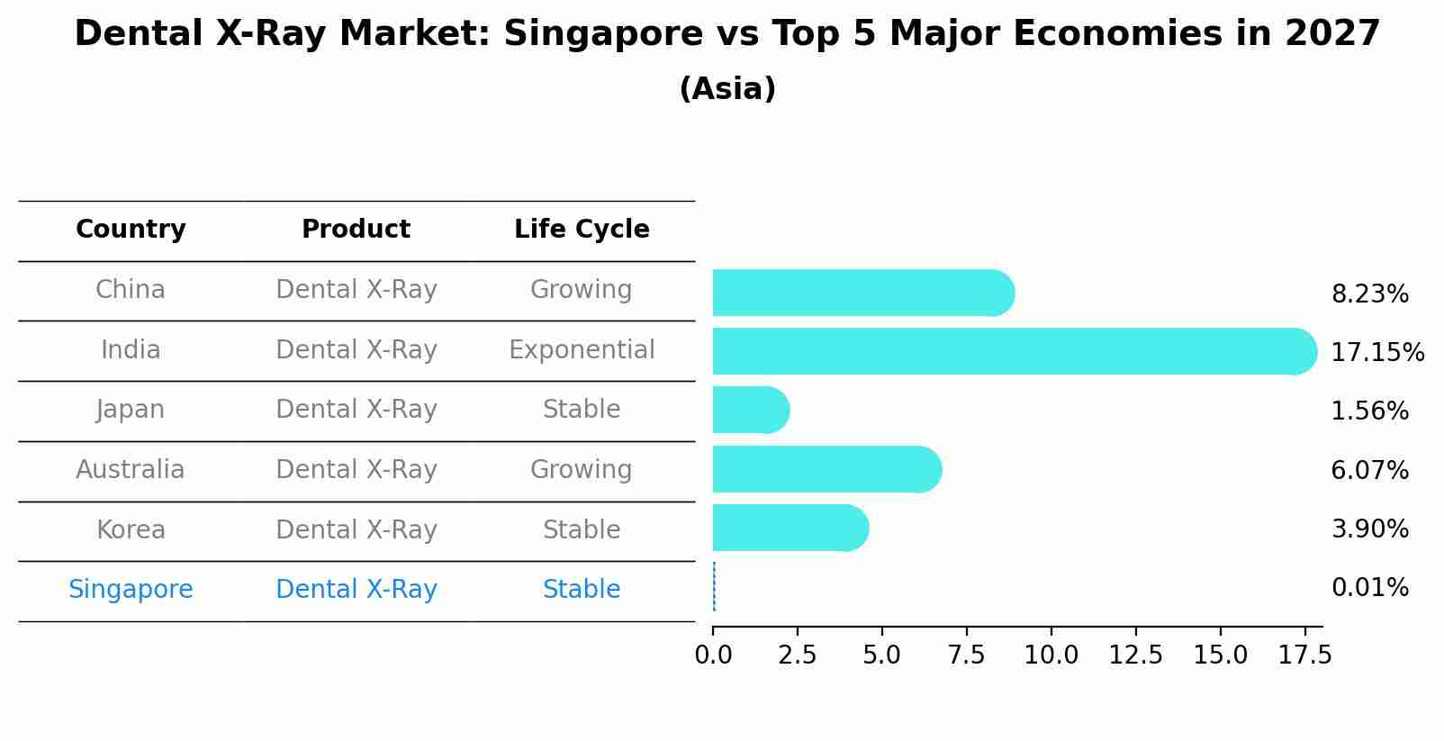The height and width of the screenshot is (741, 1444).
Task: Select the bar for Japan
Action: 750,410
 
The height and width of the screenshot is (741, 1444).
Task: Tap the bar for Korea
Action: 790,528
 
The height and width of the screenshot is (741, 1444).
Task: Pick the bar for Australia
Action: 826,469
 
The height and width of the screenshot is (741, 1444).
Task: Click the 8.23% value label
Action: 1369,294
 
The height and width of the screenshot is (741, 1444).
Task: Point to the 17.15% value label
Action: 1376,352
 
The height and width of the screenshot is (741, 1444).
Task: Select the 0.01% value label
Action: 1369,588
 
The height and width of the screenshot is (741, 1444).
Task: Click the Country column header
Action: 131,230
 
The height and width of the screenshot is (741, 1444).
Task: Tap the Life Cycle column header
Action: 582,230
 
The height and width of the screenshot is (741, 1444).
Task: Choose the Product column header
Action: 356,230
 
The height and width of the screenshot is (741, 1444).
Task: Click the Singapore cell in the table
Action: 131,590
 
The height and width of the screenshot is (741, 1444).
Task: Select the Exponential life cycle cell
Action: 582,349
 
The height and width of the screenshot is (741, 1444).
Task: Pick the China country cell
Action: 131,290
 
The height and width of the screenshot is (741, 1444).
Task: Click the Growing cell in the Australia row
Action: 582,469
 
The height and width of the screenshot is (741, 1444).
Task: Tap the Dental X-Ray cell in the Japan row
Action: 356,410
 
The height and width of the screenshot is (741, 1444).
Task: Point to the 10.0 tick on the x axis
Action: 1051,655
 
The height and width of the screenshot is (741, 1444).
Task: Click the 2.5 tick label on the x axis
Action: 798,655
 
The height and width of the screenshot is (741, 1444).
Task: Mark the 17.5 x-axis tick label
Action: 1304,655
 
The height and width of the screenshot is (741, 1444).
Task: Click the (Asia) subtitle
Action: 727,89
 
